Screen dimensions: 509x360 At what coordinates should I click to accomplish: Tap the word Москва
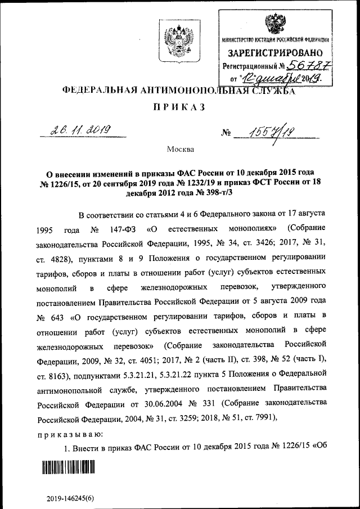[180, 150]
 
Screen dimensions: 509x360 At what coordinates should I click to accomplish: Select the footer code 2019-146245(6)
[70, 498]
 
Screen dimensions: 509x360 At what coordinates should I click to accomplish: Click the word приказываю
[69, 434]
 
